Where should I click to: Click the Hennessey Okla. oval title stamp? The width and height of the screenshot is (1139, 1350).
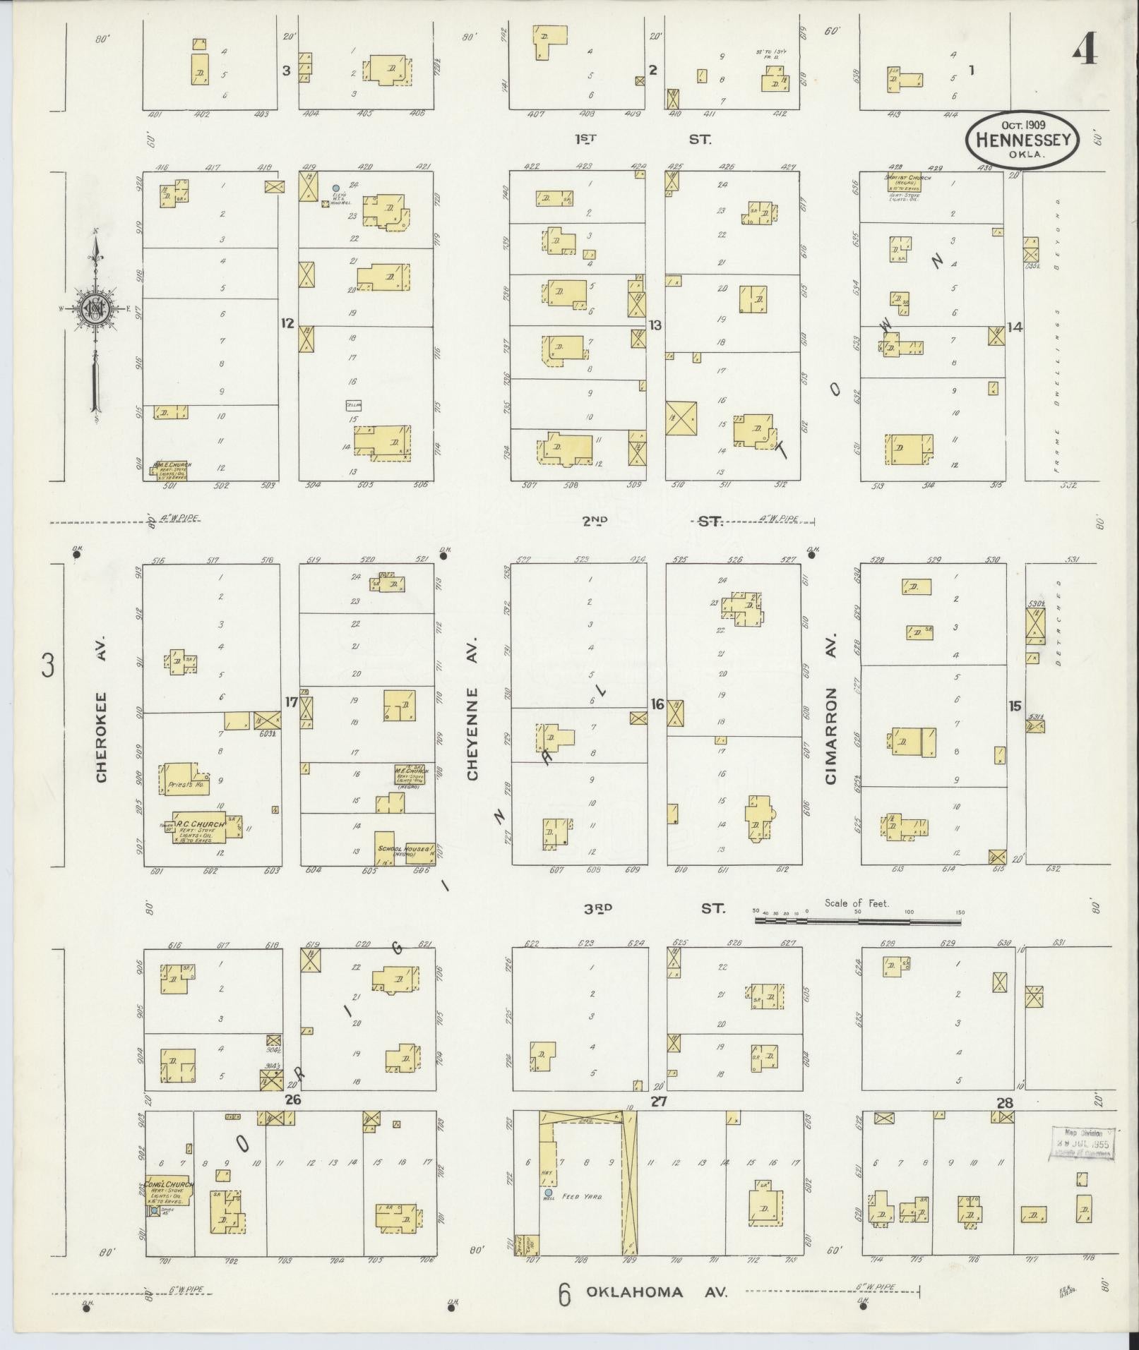(1022, 140)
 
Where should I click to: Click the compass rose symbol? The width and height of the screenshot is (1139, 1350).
(94, 308)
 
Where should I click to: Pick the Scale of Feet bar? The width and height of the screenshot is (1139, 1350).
(857, 920)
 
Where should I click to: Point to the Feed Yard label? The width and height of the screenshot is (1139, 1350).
(582, 1197)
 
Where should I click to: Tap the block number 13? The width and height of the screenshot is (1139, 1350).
(655, 325)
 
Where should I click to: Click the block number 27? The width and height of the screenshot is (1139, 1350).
(659, 1102)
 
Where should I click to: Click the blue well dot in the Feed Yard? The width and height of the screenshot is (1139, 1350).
(549, 1193)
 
